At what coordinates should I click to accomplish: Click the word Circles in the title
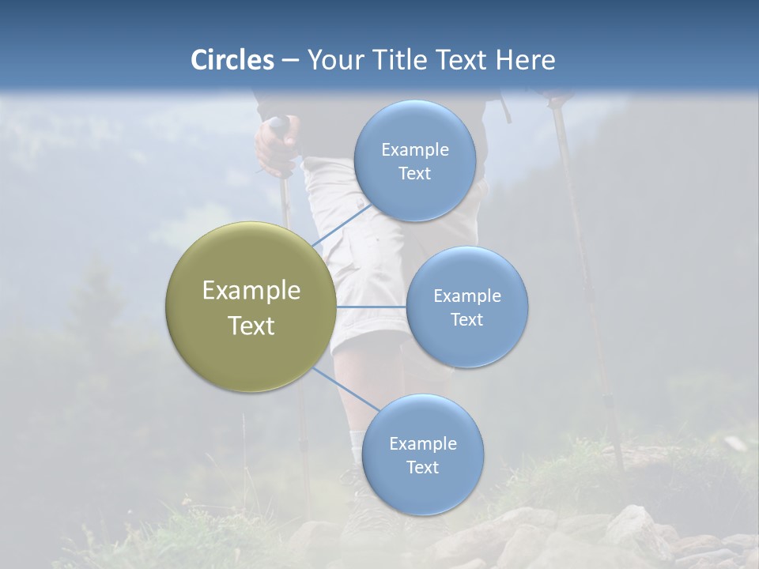pyautogui.click(x=232, y=60)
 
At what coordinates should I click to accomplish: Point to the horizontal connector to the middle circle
pyautogui.click(x=371, y=307)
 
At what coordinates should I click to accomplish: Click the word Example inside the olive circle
pyautogui.click(x=251, y=291)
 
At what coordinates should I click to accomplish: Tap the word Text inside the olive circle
pyautogui.click(x=251, y=326)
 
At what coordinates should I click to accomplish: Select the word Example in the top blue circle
pyautogui.click(x=415, y=149)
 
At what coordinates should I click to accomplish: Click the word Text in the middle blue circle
pyautogui.click(x=466, y=319)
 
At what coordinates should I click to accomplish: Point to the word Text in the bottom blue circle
pyautogui.click(x=422, y=467)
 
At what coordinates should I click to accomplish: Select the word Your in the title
pyautogui.click(x=334, y=60)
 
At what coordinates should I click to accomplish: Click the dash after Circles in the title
pyautogui.click(x=289, y=60)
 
